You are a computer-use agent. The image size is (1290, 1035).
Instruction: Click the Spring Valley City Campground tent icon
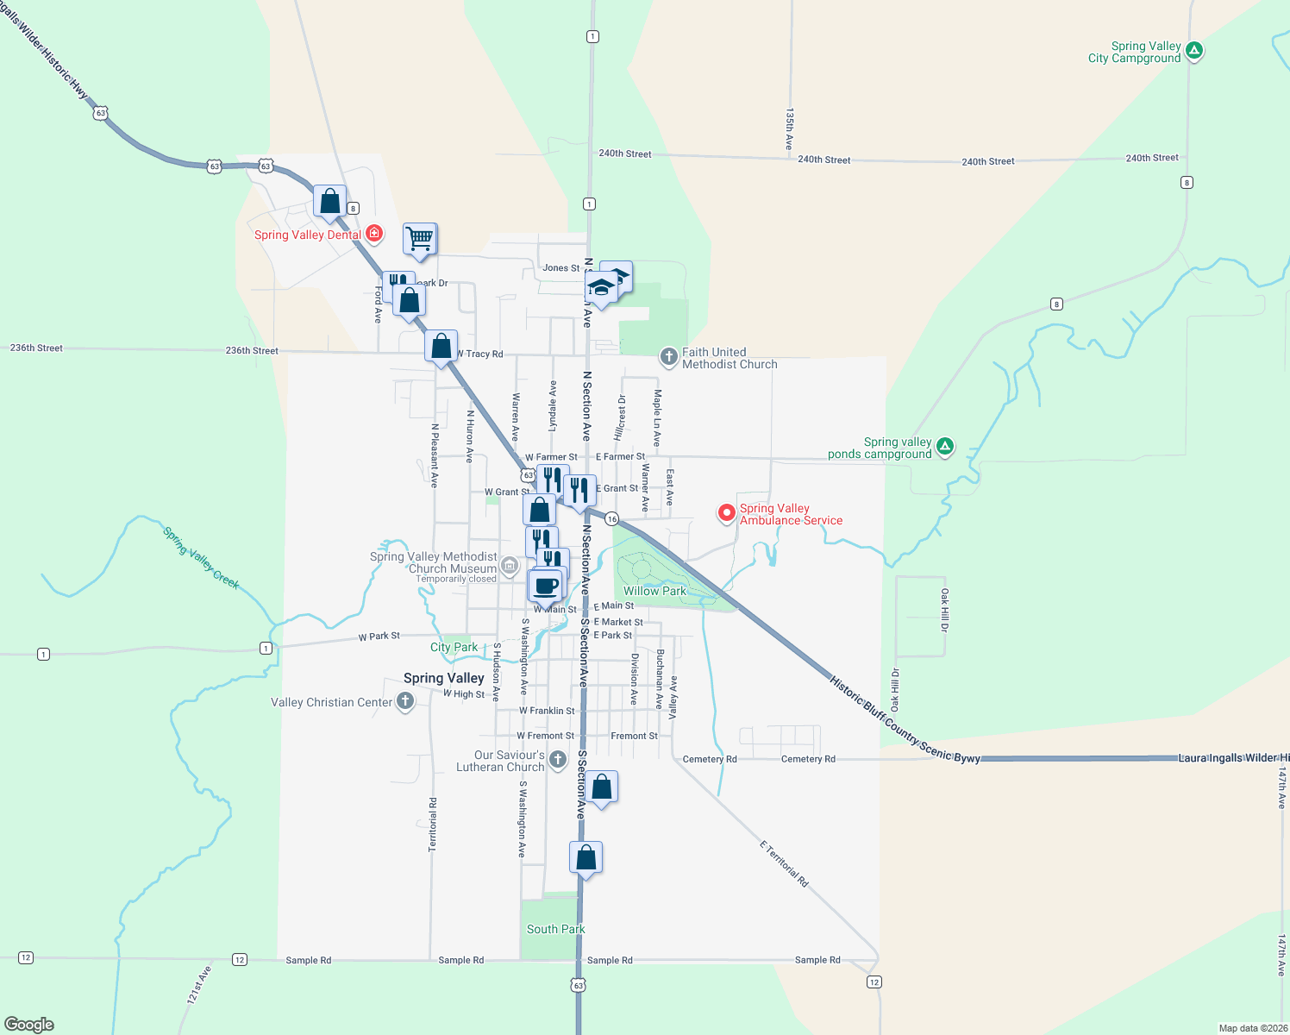coord(1194,51)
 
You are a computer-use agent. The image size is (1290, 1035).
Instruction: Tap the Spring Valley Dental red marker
coord(374,234)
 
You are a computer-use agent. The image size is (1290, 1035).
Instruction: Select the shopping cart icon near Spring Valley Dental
coord(420,238)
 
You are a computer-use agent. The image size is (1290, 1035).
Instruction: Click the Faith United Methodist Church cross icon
coord(668,357)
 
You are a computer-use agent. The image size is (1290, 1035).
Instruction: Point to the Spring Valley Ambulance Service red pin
coord(727,513)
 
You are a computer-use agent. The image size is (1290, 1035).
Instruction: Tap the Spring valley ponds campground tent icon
coord(945,447)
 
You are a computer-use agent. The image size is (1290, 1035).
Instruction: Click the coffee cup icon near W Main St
coord(545,586)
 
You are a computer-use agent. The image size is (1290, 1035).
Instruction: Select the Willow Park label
coord(654,591)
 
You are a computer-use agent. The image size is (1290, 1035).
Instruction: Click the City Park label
coord(454,647)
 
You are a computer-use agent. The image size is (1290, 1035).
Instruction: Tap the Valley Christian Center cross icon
coord(405,701)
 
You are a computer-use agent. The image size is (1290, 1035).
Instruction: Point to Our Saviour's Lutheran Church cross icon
coord(558,760)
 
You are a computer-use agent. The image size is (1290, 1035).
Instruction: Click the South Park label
coord(555,929)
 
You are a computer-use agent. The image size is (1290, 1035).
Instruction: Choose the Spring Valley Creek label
coord(201,558)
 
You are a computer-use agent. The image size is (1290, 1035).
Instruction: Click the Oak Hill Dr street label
coord(945,610)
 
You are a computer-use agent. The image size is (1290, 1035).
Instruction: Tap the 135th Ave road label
coord(789,129)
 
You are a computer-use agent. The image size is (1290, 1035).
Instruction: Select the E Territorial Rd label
coord(784,863)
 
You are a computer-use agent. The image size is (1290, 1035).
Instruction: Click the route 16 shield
coord(611,518)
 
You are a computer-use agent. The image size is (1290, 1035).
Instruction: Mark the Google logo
coord(29,1024)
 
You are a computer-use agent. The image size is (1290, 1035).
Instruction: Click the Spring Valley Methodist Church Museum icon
coord(510,566)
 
